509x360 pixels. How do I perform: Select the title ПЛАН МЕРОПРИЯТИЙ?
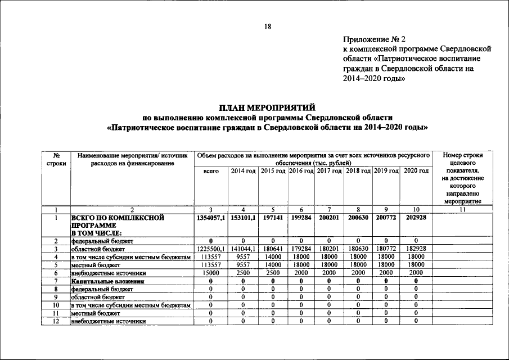pos(267,107)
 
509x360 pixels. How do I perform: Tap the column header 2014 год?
pos(243,170)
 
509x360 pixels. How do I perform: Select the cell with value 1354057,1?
pos(210,217)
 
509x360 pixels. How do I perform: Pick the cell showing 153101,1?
pos(243,217)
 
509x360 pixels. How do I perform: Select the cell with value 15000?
pos(210,273)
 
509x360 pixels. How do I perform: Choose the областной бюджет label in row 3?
pos(97,249)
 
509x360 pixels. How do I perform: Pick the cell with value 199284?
pos(301,217)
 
